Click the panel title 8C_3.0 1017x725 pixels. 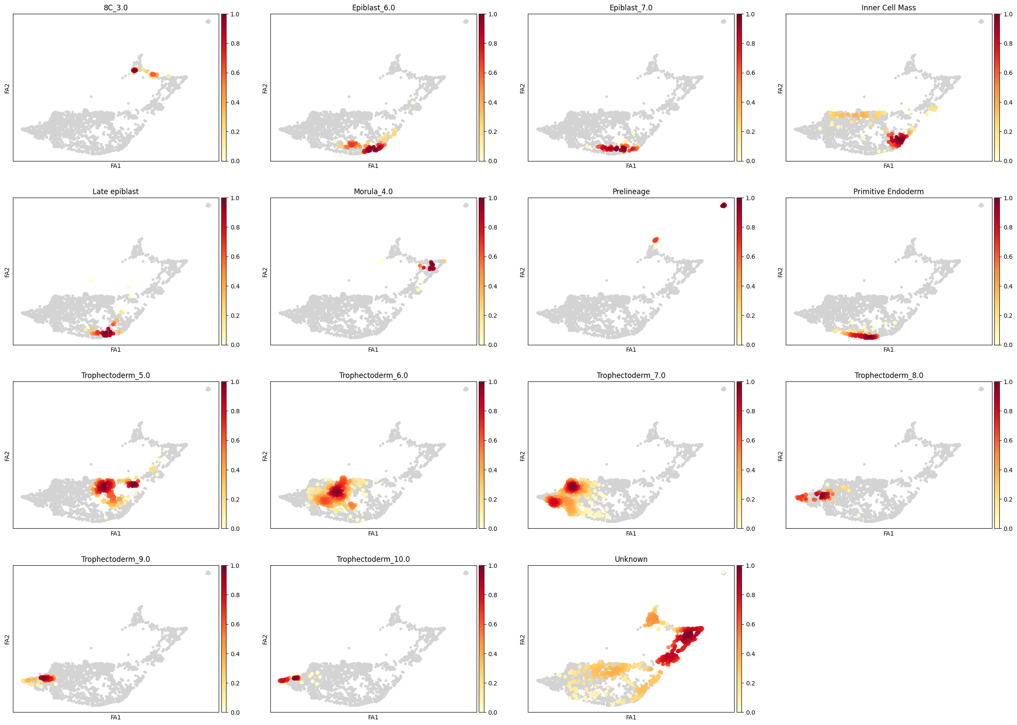pos(115,8)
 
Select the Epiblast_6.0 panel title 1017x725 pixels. pos(373,8)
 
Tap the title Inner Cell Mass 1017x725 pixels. pos(888,8)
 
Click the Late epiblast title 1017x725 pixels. pos(115,192)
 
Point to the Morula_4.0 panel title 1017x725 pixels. pos(373,192)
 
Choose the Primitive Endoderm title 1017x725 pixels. pos(888,192)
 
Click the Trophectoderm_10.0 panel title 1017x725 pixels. pos(373,559)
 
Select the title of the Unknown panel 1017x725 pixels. pos(630,559)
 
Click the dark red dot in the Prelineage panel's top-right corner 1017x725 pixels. pos(723,205)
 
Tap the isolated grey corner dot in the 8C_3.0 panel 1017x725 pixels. pos(208,22)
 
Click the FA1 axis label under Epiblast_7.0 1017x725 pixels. pos(630,166)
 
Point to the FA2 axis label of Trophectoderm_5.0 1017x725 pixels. pos(7,456)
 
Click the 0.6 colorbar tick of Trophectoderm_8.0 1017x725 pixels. pos(1008,440)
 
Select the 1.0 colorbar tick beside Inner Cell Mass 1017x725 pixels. pos(1008,14)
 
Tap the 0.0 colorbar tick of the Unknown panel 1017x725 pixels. pos(750,713)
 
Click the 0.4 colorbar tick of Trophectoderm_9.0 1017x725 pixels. pos(235,654)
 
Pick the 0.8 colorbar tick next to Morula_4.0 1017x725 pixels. pos(493,227)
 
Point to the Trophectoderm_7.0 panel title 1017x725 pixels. pos(630,375)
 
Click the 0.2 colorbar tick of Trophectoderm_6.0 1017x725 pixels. pos(493,499)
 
